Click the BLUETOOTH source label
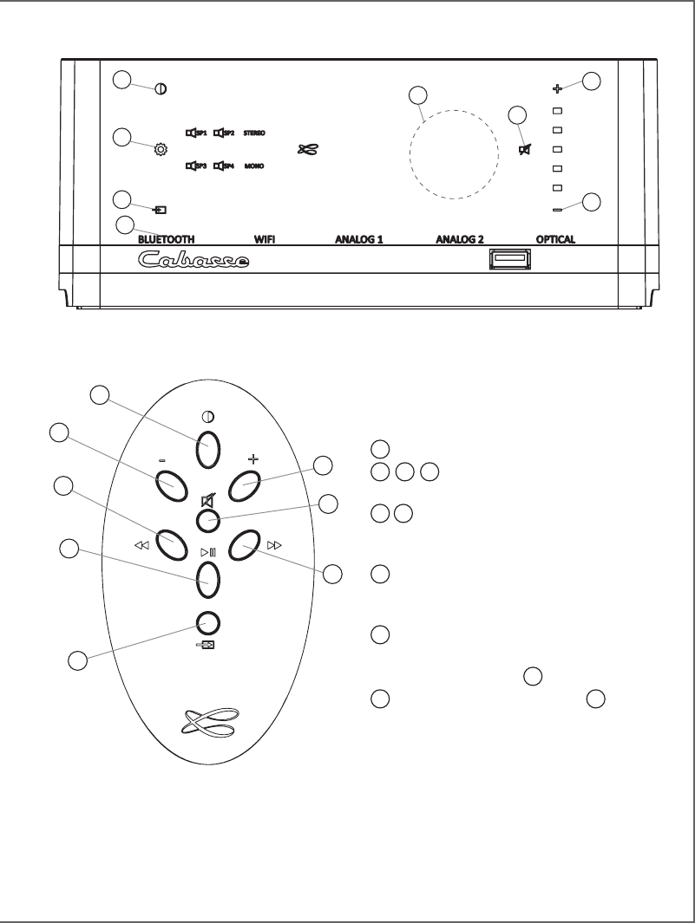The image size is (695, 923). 166,238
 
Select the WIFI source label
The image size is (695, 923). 264,238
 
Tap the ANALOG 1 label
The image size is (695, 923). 359,238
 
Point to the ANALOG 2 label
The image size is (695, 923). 459,238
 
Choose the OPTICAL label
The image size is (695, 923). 555,238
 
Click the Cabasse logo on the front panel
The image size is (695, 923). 195,260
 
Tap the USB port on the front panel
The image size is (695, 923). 508,259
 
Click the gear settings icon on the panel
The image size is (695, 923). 161,149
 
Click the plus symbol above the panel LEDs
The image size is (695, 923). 558,88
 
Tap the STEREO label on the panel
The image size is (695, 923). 254,133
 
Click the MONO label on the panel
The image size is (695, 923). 254,165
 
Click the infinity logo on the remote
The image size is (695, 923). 208,719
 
